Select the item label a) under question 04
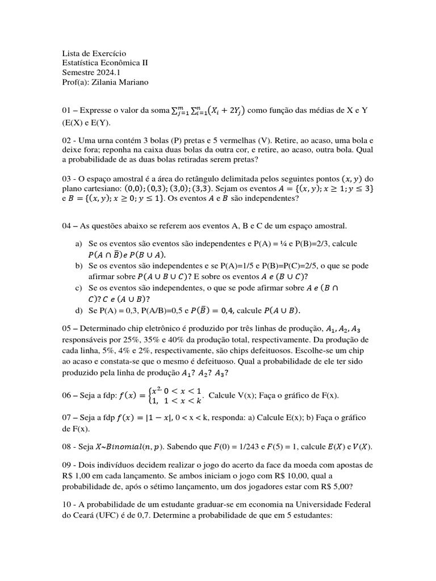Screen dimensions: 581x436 [x=79, y=243]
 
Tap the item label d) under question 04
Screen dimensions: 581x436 [x=79, y=310]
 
